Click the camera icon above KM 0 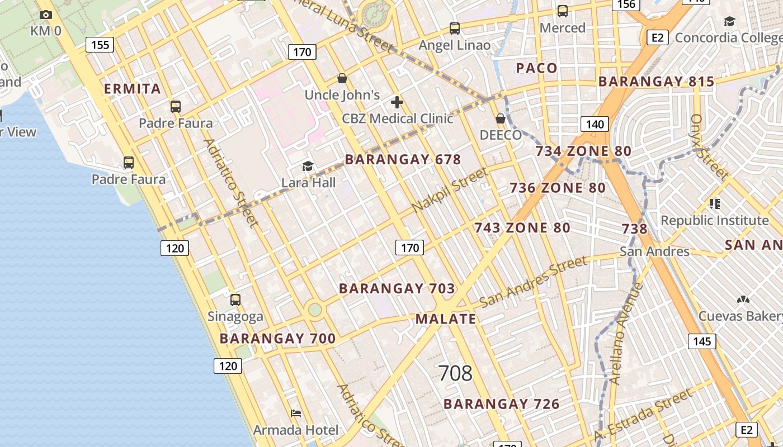click(46, 15)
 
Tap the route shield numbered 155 click(100, 45)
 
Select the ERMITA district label click(133, 88)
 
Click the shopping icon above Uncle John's click(342, 78)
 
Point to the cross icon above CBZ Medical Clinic click(397, 102)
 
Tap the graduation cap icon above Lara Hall click(308, 166)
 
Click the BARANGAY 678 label click(403, 160)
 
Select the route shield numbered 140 click(595, 124)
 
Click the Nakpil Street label click(449, 191)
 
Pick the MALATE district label click(446, 319)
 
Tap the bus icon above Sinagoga click(235, 300)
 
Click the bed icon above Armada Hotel click(296, 413)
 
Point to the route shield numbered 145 click(701, 341)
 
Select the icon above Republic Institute click(714, 204)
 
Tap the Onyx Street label click(709, 146)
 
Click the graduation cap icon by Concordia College click(729, 22)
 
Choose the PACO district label click(536, 68)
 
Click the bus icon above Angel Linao click(455, 28)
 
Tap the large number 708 click(455, 373)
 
